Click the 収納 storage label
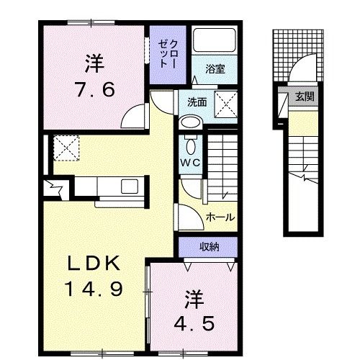click(210, 247)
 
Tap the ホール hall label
click(220, 216)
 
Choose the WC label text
click(189, 162)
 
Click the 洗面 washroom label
click(197, 102)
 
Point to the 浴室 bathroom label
click(215, 70)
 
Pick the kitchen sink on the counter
click(132, 186)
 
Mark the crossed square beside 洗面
click(229, 102)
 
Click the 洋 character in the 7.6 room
click(92, 63)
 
